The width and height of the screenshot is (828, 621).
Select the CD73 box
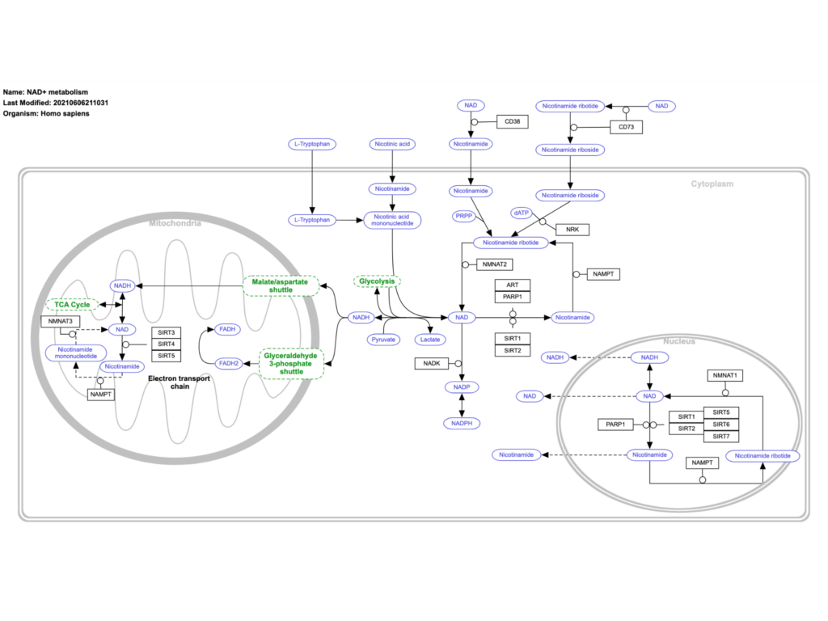626,127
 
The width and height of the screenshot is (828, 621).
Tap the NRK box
572,230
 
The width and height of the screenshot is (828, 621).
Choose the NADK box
431,364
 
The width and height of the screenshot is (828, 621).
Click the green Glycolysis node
378,281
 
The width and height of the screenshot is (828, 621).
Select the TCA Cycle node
72,305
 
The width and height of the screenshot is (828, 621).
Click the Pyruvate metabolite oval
383,340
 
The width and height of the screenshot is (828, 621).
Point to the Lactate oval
429,340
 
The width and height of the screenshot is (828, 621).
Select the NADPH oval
462,423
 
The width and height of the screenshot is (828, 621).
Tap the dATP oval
522,212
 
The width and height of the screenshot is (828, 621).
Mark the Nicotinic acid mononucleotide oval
392,219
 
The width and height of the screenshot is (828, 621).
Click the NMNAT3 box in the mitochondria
61,322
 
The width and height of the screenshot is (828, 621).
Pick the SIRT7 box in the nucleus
720,437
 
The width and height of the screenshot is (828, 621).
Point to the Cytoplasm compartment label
712,184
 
